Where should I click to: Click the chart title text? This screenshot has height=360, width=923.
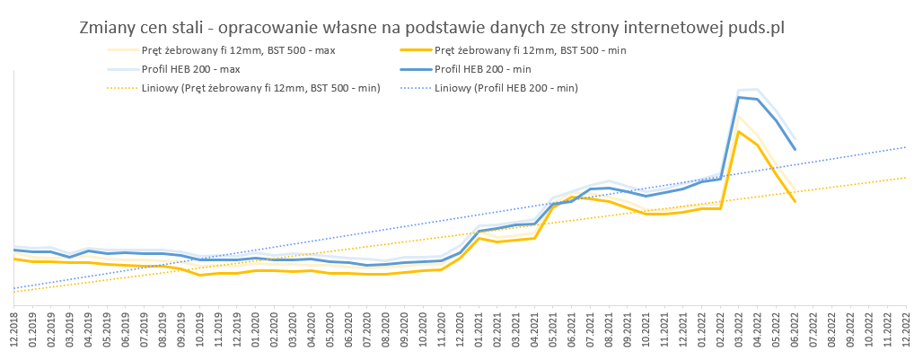[432, 29]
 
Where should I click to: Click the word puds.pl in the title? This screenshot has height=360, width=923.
[752, 29]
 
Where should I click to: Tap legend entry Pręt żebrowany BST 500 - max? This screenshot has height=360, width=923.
[238, 50]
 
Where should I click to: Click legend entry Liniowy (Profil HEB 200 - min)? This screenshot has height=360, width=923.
[505, 88]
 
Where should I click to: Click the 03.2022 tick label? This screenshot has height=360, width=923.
[738, 329]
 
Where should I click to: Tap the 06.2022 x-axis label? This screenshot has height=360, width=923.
[794, 329]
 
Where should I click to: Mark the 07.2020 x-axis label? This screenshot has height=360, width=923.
[367, 329]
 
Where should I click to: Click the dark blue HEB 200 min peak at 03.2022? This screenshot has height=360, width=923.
[738, 97]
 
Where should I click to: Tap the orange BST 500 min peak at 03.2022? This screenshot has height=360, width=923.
[738, 131]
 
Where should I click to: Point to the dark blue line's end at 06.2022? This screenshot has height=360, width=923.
[795, 150]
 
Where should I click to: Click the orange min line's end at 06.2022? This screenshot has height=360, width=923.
[795, 202]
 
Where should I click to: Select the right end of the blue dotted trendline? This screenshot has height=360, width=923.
[906, 146]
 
